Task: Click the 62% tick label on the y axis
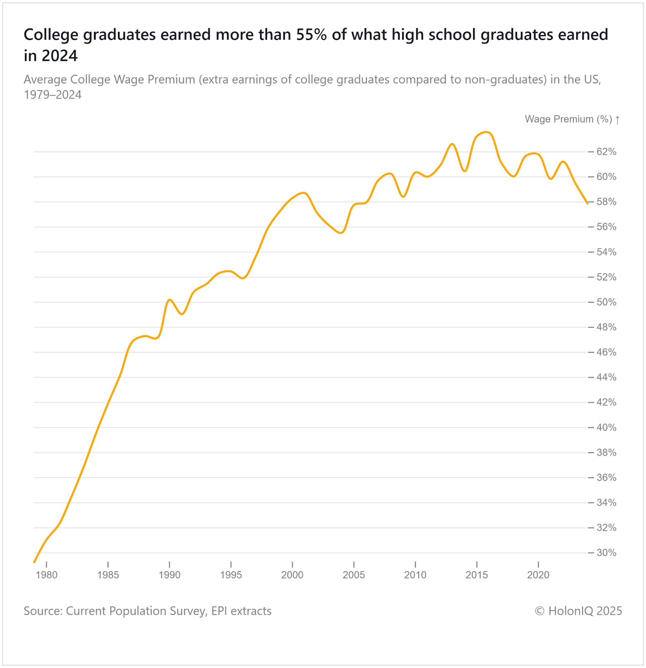(606, 152)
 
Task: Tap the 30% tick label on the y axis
(606, 553)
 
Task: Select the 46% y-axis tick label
(606, 352)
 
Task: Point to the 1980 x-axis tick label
(47, 575)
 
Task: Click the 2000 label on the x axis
(292, 575)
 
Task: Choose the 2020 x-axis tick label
(538, 575)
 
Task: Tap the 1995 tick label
(231, 575)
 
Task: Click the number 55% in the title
(311, 35)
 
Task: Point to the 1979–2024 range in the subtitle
(53, 95)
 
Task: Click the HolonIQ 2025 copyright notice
(578, 611)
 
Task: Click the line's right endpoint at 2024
(588, 203)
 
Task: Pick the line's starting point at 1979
(34, 562)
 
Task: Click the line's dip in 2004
(341, 233)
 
